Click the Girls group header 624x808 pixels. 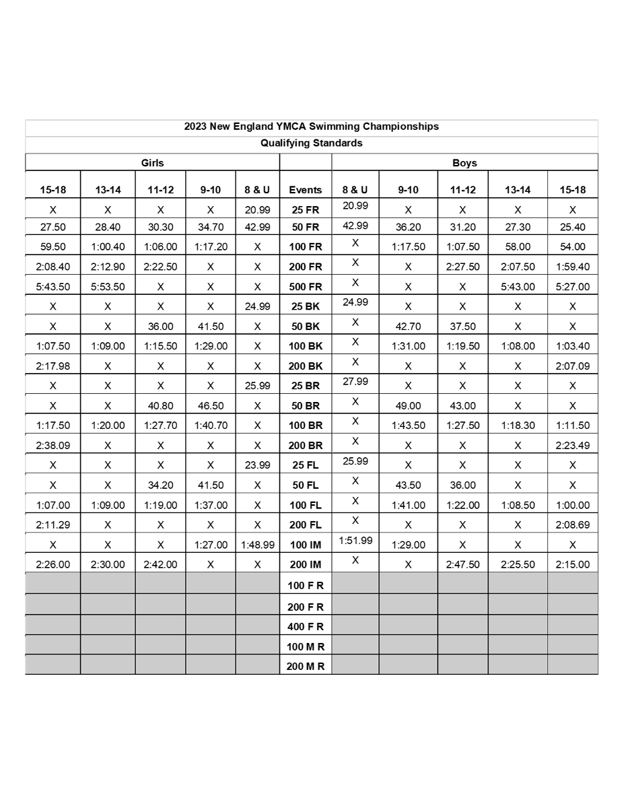tap(152, 162)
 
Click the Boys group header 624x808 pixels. tap(464, 162)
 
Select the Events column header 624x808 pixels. tap(305, 190)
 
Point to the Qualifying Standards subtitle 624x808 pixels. tap(311, 143)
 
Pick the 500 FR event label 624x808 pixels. tap(305, 286)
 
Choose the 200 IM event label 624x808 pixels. tap(305, 564)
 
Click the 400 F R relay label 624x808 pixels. tap(305, 626)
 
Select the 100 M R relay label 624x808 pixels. tap(305, 646)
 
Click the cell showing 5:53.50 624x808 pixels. tap(107, 286)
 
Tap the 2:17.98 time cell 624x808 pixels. tap(53, 366)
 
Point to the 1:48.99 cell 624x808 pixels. tap(257, 545)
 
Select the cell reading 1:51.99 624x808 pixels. tap(355, 540)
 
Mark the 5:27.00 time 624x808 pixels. tap(572, 286)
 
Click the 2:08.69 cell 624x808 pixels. tap(572, 525)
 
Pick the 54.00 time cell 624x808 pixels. tap(572, 246)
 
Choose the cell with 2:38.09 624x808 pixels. tap(53, 445)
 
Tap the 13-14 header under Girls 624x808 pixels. tap(107, 190)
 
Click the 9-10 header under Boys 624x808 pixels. tap(408, 190)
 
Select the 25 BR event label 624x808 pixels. tap(305, 386)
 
